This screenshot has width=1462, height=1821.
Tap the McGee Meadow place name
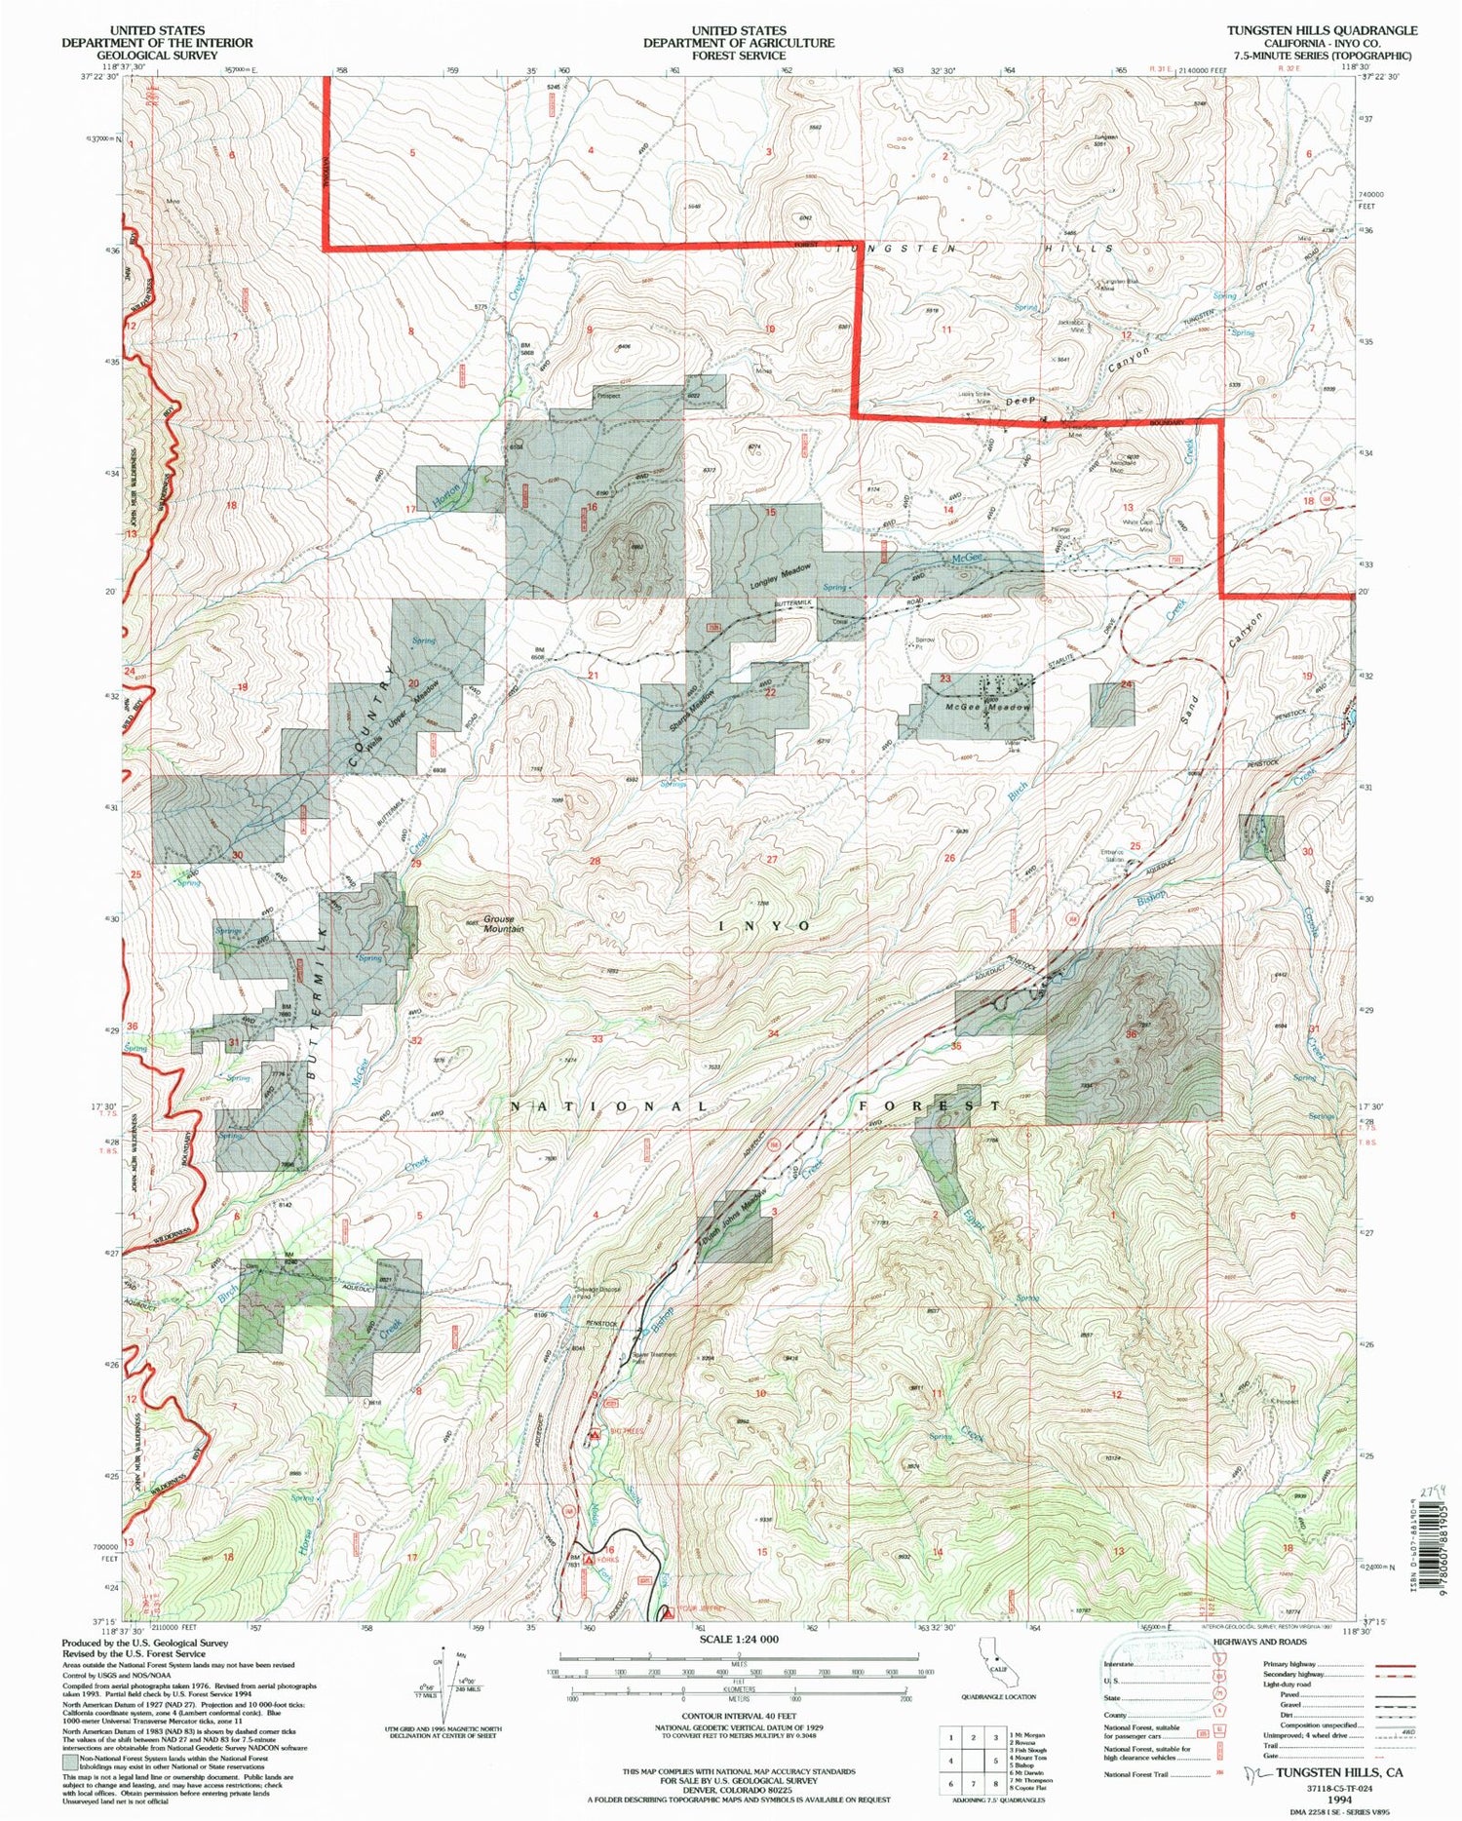987,708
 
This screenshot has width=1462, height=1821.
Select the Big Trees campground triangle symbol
596,1434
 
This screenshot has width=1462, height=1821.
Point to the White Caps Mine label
1138,525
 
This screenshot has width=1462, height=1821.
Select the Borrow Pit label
924,643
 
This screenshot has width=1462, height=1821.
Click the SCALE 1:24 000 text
739,1639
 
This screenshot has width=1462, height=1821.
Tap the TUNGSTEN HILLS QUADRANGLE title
1322,31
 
